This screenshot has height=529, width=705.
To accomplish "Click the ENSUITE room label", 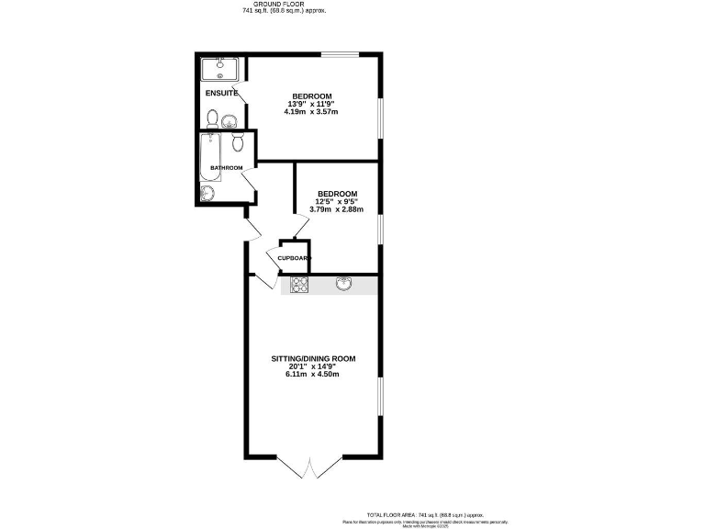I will point(221,93).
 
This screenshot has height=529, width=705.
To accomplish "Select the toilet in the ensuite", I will point(213,118).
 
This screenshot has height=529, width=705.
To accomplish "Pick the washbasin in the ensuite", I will point(229,119).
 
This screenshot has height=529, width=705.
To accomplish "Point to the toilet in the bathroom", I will point(238,141).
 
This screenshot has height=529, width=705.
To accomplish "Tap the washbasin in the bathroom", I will point(207,192).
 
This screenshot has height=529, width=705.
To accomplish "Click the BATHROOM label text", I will point(226,168).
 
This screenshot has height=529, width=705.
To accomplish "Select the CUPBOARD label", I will point(295,259).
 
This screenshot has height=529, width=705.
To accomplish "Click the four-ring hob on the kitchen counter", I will point(299,285).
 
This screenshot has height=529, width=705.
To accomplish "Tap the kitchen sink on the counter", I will point(345,285).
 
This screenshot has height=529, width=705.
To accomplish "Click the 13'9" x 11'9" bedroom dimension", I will point(312,105).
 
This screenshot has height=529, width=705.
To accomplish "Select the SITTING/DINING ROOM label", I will point(312,358).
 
